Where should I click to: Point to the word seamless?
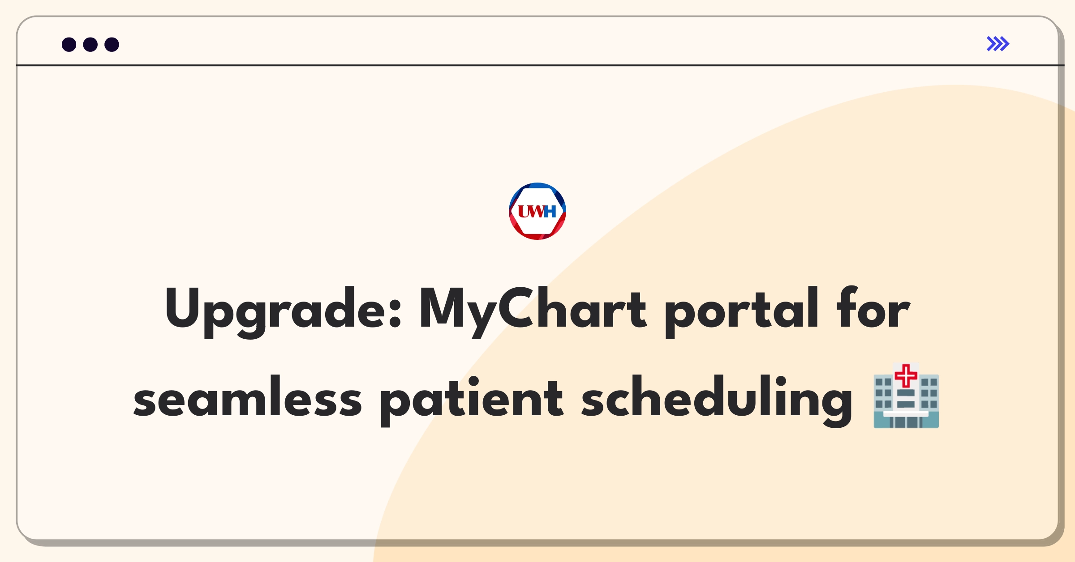(x=248, y=396)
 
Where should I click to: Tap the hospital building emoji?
(x=906, y=396)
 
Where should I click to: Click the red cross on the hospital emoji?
(x=906, y=375)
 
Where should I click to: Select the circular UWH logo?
(x=537, y=211)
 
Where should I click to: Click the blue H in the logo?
(x=550, y=211)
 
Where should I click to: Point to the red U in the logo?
(x=524, y=211)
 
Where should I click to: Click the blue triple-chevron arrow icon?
(x=998, y=44)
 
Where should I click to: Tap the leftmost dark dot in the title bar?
(x=69, y=44)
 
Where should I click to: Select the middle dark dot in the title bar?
(x=90, y=44)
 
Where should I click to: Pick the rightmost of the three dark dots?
(x=112, y=44)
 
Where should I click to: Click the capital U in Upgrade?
(x=182, y=308)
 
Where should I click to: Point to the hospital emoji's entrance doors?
(x=906, y=422)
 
